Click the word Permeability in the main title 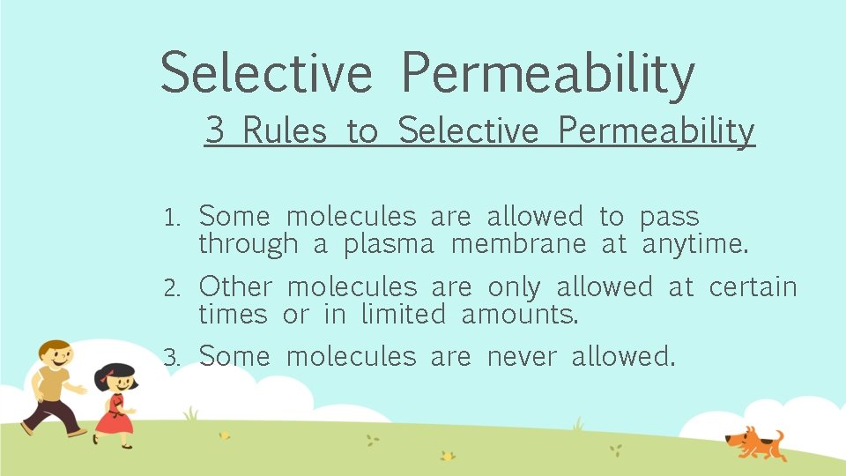click(547, 73)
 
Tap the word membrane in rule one click(518, 243)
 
